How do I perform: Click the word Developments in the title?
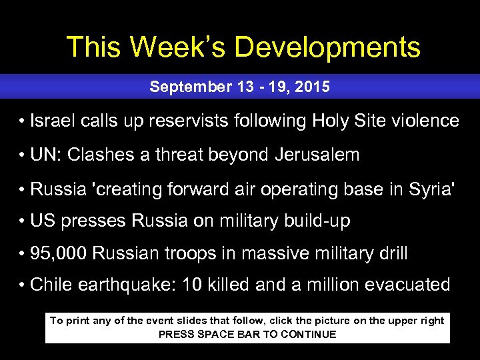click(328, 48)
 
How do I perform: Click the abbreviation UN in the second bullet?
click(42, 155)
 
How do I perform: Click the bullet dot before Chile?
click(23, 285)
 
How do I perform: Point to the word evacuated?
click(409, 285)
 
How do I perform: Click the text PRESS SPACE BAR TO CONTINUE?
click(247, 335)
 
